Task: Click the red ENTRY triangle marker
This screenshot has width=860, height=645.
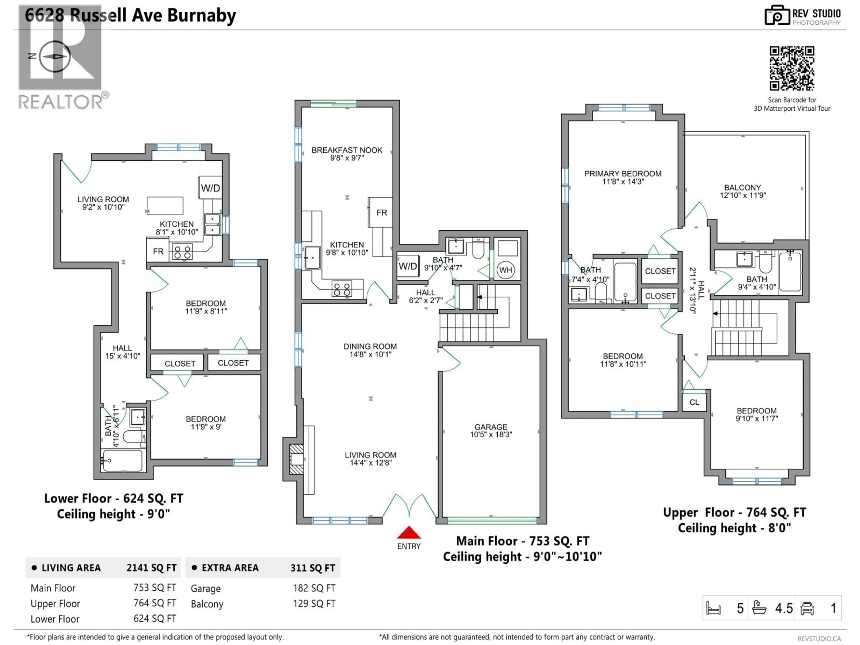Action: click(409, 533)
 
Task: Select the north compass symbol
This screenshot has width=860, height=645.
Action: click(55, 56)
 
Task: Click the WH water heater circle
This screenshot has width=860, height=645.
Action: click(505, 270)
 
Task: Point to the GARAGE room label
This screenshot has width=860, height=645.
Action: click(491, 427)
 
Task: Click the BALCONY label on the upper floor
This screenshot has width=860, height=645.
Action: click(742, 187)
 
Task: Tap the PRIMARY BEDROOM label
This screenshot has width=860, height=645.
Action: click(622, 174)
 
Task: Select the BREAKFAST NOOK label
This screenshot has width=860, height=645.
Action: click(347, 150)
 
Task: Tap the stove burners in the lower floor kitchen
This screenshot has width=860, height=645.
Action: click(182, 252)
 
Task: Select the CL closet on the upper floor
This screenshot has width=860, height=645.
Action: click(694, 402)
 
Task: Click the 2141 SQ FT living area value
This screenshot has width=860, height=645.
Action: click(151, 568)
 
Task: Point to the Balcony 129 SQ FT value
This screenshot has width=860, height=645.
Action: click(314, 603)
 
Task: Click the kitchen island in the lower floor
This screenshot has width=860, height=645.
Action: click(165, 206)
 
